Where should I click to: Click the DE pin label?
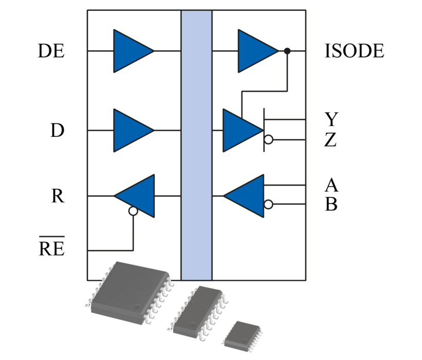pos(51,51)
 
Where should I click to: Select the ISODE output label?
pos(355,51)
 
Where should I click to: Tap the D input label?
pos(57,131)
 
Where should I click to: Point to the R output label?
pos(58,196)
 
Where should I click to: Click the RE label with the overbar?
pos(51,249)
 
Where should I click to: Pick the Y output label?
pos(331,119)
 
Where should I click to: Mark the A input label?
pos(331,184)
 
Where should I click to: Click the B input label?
pos(331,204)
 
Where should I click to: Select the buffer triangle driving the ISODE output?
pos(255,51)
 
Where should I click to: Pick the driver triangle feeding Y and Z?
pos(240,131)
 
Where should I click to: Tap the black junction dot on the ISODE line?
pos(287,51)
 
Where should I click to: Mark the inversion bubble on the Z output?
pos(268,140)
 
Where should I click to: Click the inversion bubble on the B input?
pos(268,205)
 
